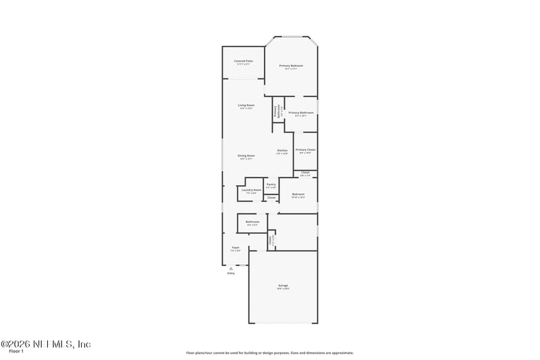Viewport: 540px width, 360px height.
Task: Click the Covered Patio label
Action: click(244, 61)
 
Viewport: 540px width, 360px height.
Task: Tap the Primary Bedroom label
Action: click(292, 66)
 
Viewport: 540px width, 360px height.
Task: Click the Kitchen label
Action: click(282, 151)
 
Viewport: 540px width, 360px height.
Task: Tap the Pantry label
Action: click(271, 184)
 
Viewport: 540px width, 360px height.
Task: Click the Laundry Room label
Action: click(251, 190)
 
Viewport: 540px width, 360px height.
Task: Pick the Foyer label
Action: click(236, 248)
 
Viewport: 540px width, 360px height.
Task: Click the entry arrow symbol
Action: click(230, 268)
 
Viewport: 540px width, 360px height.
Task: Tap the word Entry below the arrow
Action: click(231, 274)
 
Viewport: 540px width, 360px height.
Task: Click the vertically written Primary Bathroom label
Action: click(276, 111)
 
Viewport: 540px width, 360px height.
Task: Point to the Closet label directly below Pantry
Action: click(271, 198)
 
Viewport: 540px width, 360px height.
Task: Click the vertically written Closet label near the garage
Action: click(270, 240)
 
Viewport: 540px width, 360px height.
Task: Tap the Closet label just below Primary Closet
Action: click(305, 173)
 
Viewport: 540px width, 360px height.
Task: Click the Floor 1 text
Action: click(16, 352)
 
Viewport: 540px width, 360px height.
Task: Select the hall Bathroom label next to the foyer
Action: click(252, 222)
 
